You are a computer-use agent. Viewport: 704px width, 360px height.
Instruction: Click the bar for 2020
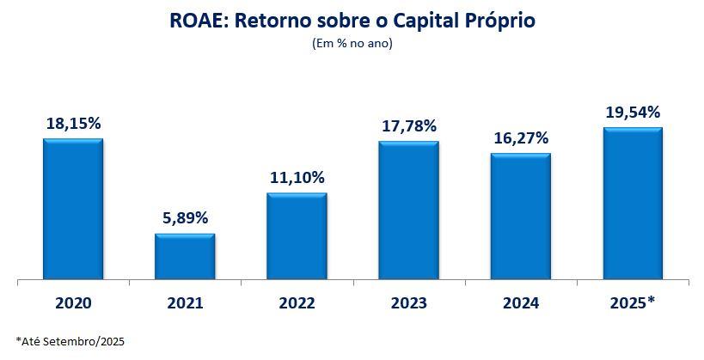[73, 210]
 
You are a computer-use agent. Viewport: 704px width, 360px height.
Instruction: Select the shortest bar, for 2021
[185, 257]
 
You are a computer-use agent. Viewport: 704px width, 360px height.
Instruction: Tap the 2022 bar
[297, 236]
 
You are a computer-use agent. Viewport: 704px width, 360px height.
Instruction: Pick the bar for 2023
[408, 211]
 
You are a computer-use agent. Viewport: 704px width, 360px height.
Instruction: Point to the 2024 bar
[520, 217]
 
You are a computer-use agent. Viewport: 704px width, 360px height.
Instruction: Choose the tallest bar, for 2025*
[632, 204]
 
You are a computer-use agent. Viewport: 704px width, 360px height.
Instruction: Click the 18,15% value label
[73, 124]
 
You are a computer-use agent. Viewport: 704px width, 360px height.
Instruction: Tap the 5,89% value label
[185, 218]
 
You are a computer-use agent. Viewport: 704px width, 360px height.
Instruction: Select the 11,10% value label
[297, 178]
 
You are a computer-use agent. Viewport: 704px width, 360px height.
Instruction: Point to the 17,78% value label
[408, 126]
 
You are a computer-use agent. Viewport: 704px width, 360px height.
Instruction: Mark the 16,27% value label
[520, 138]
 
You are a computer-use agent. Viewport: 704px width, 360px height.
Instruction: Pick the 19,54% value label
[632, 113]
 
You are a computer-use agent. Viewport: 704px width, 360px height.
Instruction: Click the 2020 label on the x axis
[73, 303]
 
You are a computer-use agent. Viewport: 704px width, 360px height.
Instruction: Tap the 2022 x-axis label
[297, 303]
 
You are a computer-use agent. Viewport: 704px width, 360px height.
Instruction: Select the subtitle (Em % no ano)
[352, 44]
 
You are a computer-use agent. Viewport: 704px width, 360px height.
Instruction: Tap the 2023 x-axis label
[408, 303]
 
